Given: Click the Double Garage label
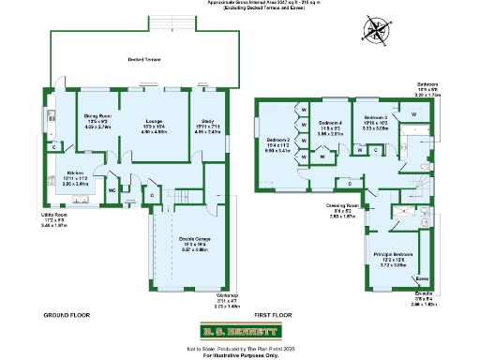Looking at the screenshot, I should click(194, 244).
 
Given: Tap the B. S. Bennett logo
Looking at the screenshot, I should click(240, 331).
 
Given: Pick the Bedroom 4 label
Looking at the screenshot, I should click(331, 124).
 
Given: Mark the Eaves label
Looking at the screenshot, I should click(422, 278).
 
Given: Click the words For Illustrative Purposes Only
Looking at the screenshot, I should click(240, 354).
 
